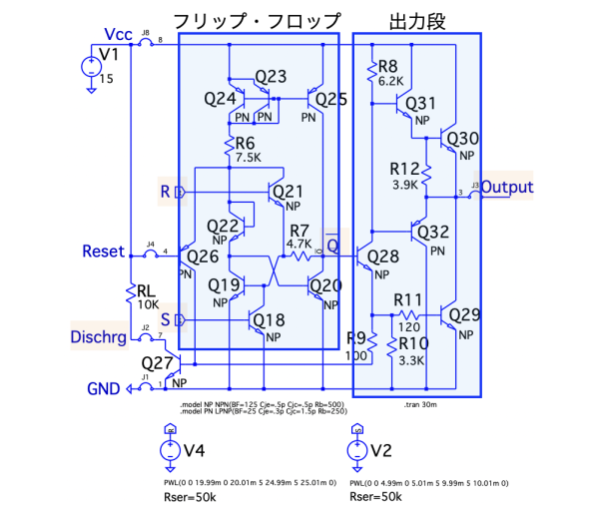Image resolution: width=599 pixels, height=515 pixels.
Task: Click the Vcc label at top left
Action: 117,35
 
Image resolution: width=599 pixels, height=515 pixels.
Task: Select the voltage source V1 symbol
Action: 91,68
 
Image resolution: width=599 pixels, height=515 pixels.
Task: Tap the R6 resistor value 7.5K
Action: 248,157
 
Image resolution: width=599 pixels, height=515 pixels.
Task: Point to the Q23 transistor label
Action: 271,77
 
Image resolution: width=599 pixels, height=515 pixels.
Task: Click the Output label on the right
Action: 509,187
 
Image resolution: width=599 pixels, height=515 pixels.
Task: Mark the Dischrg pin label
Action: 98,336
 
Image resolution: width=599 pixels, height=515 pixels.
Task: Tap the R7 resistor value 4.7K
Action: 299,243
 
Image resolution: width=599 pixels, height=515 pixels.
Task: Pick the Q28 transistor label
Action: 383,257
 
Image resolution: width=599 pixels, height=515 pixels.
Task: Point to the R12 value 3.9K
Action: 404,185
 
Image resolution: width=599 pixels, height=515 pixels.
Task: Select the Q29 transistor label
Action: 464,315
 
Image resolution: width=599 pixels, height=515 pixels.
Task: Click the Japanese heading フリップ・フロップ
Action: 257,21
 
